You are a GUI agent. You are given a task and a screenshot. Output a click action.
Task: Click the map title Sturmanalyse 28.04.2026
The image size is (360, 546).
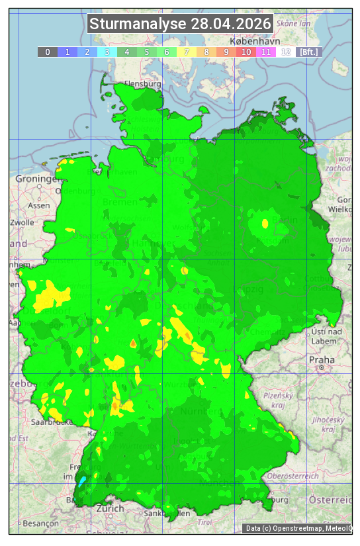click(180, 24)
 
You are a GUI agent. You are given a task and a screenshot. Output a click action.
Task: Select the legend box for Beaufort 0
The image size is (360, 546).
click(48, 52)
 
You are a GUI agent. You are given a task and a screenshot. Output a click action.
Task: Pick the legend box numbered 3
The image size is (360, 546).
click(107, 52)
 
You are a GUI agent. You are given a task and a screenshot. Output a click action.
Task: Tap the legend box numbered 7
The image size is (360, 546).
click(187, 52)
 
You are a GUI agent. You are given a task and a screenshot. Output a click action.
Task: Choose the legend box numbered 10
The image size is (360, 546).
click(246, 52)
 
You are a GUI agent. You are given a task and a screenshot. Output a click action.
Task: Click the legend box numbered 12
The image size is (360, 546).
click(286, 52)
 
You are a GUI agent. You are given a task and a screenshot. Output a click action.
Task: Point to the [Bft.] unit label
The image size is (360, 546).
click(308, 52)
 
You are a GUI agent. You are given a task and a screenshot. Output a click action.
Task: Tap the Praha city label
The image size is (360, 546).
click(321, 359)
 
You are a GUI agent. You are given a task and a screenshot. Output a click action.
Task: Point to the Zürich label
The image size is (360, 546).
click(110, 508)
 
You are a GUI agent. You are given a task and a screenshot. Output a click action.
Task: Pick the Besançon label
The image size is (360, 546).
click(40, 523)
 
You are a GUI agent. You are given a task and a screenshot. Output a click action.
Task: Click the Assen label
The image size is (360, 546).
click(39, 205)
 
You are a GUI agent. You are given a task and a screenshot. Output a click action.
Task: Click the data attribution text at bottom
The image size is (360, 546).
click(298, 528)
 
